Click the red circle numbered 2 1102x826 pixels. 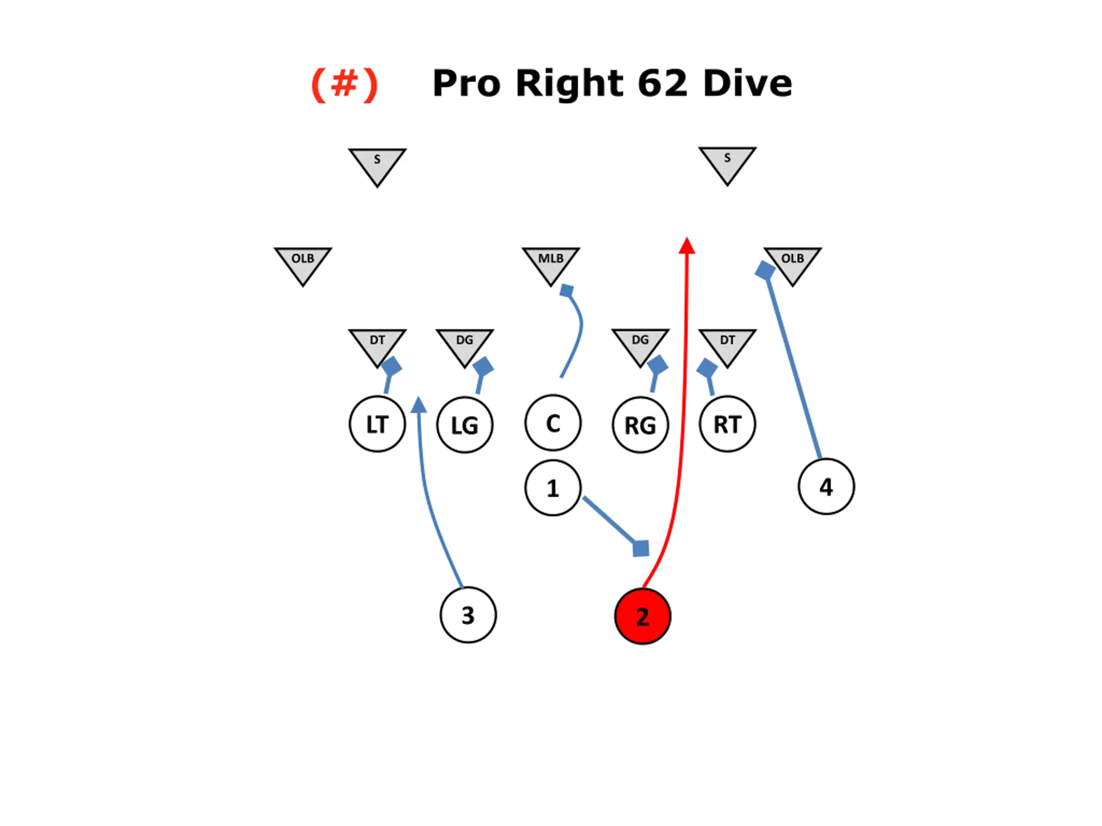pyautogui.click(x=643, y=616)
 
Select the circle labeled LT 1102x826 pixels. pyautogui.click(x=377, y=424)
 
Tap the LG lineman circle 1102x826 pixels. pyautogui.click(x=465, y=425)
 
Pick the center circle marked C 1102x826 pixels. pyautogui.click(x=552, y=423)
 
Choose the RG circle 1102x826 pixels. pyautogui.click(x=640, y=425)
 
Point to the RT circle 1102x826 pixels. pyautogui.click(x=727, y=424)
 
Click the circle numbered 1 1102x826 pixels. pyautogui.click(x=552, y=487)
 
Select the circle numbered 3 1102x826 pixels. pyautogui.click(x=468, y=615)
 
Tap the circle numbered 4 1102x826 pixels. pyautogui.click(x=826, y=487)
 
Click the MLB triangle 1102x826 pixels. pyautogui.click(x=551, y=262)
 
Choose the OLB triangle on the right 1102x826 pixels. pyautogui.click(x=792, y=262)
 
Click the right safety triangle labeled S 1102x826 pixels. pyautogui.click(x=727, y=162)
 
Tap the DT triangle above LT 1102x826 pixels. pyautogui.click(x=377, y=344)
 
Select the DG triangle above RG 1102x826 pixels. pyautogui.click(x=640, y=344)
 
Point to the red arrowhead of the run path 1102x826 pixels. pyautogui.click(x=687, y=246)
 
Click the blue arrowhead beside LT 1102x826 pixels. pyautogui.click(x=419, y=405)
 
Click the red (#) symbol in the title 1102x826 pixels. pyautogui.click(x=344, y=83)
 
